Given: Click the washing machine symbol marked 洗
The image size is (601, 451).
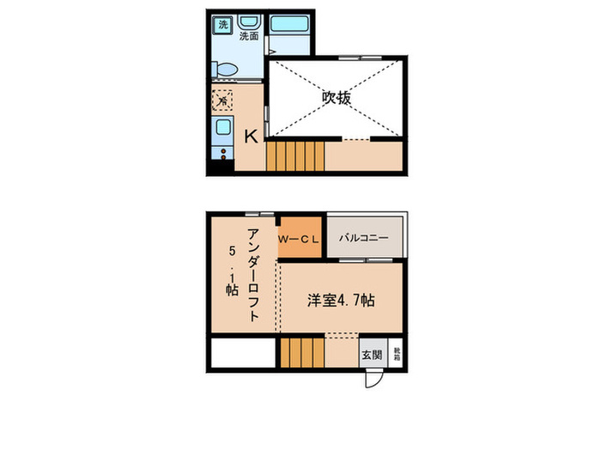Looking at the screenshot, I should [222, 24].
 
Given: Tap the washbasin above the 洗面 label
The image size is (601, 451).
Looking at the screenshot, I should [249, 21].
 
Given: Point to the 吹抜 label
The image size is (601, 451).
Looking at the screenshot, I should [337, 97].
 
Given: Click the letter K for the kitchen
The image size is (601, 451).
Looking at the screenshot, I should [251, 136].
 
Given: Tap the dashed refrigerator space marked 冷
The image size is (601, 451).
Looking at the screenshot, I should [222, 101].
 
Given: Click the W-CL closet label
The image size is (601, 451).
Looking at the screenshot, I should [298, 238].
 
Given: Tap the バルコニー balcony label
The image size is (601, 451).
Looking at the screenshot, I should [363, 237].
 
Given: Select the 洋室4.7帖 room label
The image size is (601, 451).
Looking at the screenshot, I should [341, 301].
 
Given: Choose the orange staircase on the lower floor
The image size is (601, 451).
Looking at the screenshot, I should [300, 353].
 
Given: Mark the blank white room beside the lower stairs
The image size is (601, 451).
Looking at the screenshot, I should [241, 353].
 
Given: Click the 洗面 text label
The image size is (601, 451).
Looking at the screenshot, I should [249, 37].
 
